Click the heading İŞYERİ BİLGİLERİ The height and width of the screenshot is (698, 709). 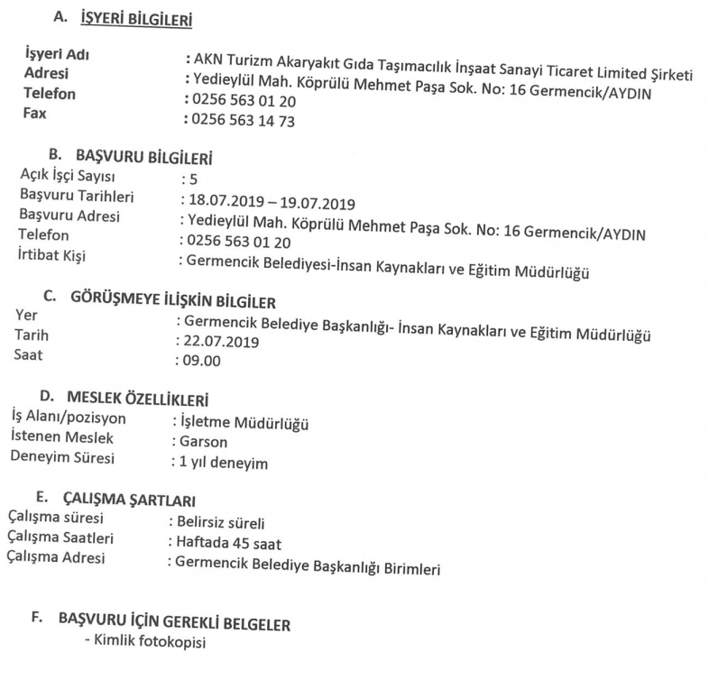pyautogui.click(x=136, y=18)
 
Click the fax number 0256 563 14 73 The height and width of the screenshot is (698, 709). pyautogui.click(x=241, y=120)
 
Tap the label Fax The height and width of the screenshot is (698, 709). pyautogui.click(x=35, y=114)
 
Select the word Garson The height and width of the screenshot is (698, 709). pyautogui.click(x=202, y=442)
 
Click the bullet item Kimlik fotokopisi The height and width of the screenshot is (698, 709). pyautogui.click(x=149, y=643)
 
